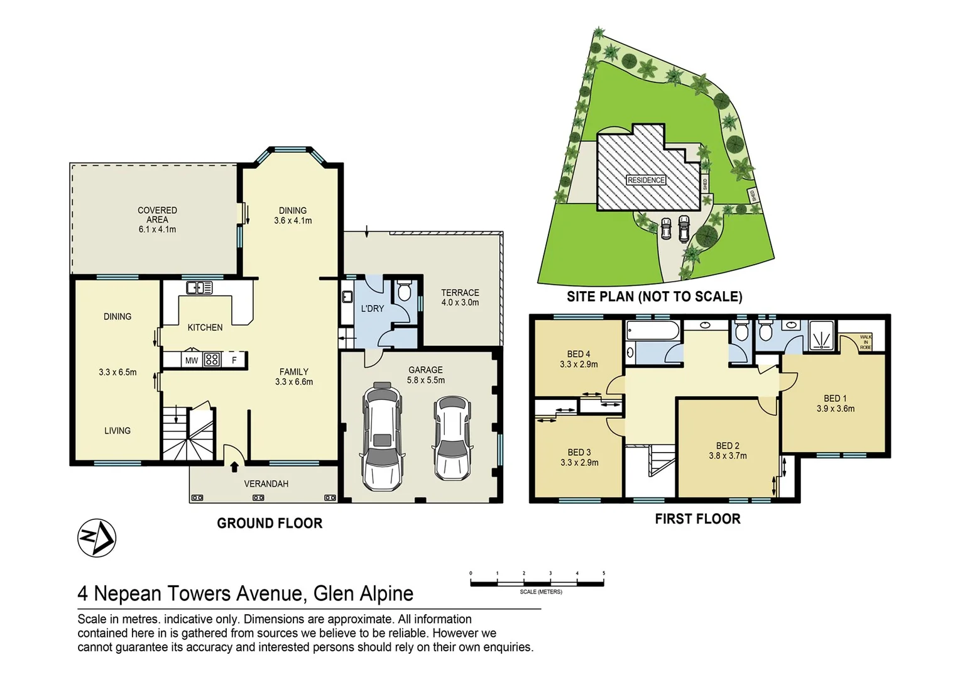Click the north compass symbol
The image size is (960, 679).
click(x=97, y=538)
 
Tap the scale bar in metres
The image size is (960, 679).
click(x=537, y=583)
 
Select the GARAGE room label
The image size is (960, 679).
click(x=425, y=370)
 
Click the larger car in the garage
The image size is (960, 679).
click(x=382, y=436)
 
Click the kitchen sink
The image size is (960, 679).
click(x=199, y=288)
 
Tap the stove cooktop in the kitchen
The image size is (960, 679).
click(x=212, y=360)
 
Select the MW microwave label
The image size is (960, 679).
click(x=191, y=360)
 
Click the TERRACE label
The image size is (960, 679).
click(x=460, y=293)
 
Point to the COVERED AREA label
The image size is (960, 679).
click(x=157, y=215)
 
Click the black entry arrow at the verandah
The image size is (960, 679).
click(x=234, y=466)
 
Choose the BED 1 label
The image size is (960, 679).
click(x=835, y=399)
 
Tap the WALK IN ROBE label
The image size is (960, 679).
click(x=865, y=342)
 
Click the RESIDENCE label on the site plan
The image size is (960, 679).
click(x=646, y=180)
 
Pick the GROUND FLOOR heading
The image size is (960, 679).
click(x=270, y=523)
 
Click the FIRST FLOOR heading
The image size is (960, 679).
click(x=697, y=519)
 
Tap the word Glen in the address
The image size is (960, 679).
click(x=334, y=593)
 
